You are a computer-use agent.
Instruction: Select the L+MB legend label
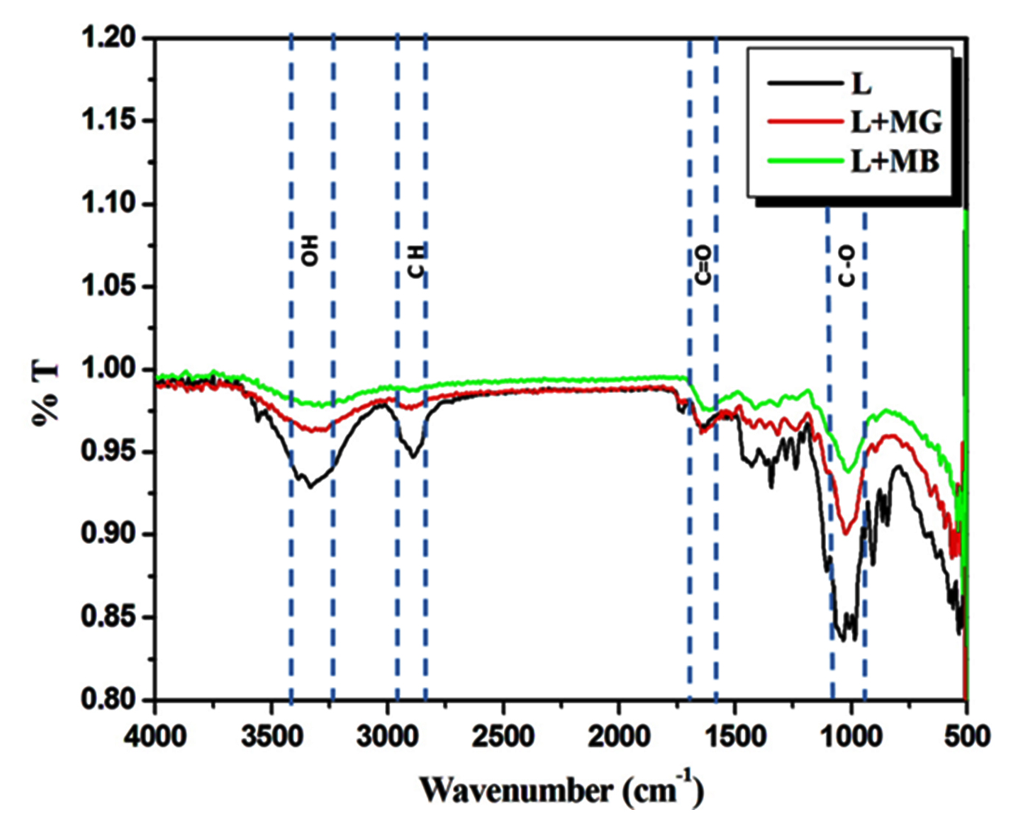895,161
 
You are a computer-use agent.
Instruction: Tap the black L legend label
861,83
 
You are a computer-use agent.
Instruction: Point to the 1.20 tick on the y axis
108,37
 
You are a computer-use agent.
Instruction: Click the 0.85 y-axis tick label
108,616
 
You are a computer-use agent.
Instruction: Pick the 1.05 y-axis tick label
108,286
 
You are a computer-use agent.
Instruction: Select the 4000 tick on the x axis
155,736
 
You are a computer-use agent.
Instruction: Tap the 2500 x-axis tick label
503,736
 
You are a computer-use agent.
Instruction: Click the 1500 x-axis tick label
735,736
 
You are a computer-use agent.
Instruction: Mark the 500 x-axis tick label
967,736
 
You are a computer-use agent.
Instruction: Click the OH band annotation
311,250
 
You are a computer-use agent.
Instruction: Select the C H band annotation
416,261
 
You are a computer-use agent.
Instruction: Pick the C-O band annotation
847,267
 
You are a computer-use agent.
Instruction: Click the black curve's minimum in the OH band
310,487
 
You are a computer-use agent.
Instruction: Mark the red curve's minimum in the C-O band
845,534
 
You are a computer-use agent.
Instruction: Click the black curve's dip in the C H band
413,456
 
